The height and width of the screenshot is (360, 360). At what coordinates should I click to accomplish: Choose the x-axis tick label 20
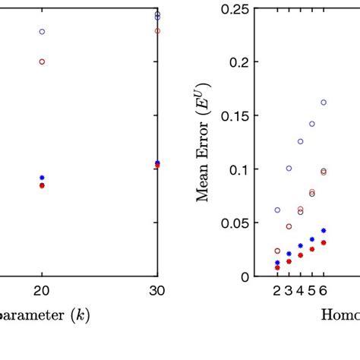[42, 290]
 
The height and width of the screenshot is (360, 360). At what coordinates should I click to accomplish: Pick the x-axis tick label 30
[157, 290]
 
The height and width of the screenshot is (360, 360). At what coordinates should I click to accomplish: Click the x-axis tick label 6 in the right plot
[324, 290]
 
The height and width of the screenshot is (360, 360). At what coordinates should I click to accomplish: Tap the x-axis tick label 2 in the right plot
[277, 290]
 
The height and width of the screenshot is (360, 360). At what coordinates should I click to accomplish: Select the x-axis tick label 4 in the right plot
[300, 290]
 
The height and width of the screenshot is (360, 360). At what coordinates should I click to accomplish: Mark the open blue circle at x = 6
[324, 102]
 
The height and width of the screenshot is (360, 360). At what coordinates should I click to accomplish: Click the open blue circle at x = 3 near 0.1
[289, 168]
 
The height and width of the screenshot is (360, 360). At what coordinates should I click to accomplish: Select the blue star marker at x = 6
[324, 230]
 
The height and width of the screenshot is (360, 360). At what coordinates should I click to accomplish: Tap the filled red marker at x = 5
[312, 249]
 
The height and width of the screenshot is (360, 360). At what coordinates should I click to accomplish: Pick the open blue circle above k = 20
[42, 32]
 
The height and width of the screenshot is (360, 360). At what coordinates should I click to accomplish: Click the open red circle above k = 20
[42, 62]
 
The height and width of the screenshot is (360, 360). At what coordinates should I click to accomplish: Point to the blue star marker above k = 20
[42, 178]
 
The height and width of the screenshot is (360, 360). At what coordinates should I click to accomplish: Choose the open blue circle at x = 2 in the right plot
[277, 210]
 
